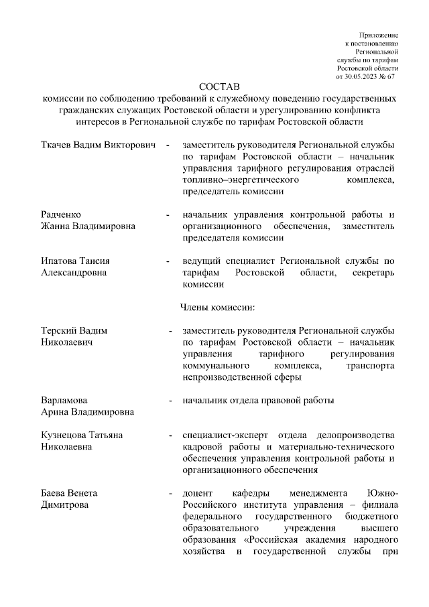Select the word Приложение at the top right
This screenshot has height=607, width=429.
(379, 33)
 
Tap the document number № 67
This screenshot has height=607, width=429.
(389, 77)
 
